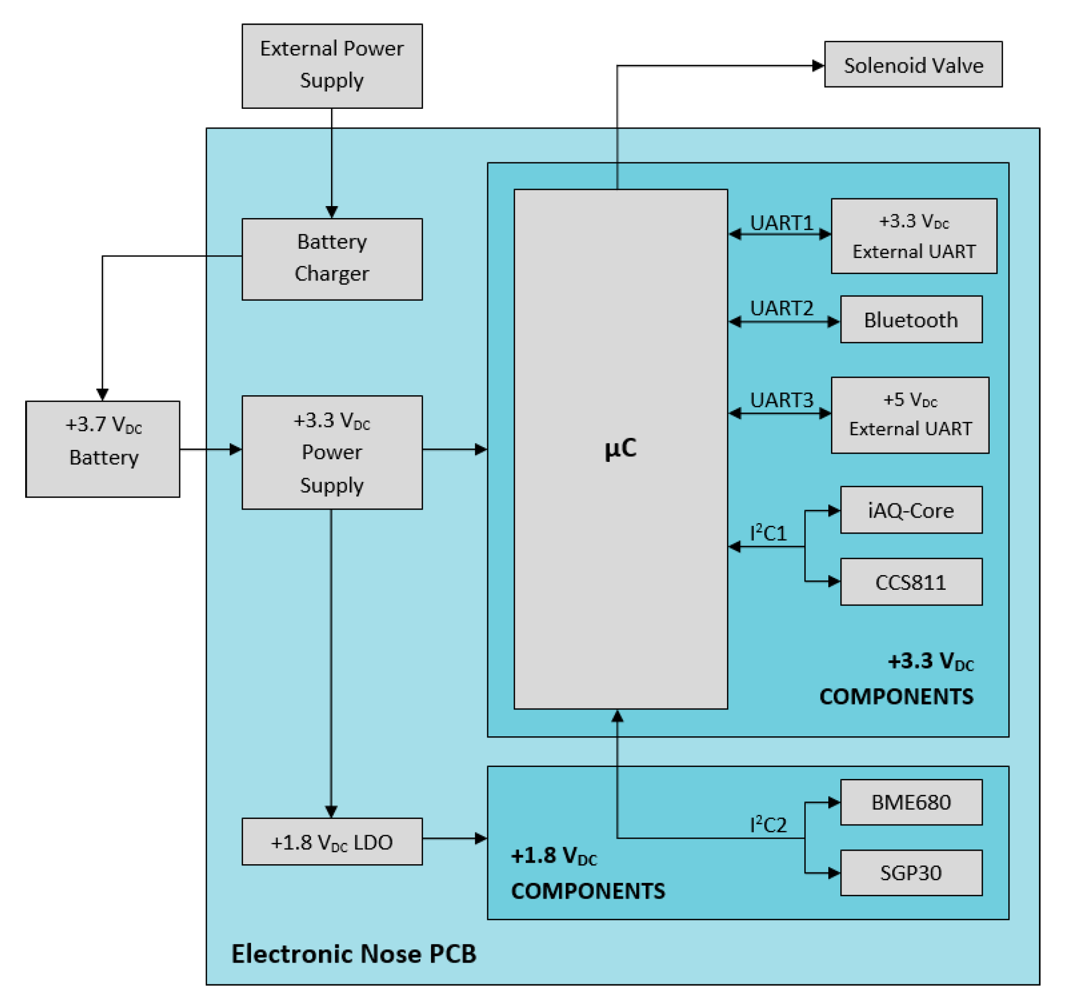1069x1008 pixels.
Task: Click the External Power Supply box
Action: tap(332, 66)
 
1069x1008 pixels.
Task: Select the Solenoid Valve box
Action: tap(913, 65)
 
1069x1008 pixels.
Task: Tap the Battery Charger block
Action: tap(332, 259)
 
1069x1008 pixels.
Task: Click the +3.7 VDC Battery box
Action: tap(103, 449)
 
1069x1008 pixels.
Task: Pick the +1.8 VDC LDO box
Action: tap(332, 841)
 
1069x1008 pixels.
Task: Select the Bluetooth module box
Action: tap(911, 320)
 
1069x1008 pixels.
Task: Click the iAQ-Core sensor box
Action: tap(911, 510)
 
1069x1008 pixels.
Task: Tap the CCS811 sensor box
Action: tap(911, 582)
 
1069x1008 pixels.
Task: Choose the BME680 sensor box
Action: tap(911, 802)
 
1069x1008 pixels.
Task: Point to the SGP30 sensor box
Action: tap(911, 872)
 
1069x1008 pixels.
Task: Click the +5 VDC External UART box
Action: tap(910, 415)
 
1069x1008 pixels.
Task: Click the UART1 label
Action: tap(781, 223)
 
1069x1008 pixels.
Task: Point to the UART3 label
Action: tap(781, 400)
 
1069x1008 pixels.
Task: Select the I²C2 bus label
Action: tap(768, 824)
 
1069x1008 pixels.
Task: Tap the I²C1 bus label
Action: tap(768, 533)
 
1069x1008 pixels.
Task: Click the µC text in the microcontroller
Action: tap(620, 448)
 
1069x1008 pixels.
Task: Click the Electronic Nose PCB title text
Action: tap(354, 953)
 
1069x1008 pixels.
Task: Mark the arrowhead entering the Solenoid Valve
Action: tap(818, 66)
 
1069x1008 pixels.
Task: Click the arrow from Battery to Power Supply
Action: tap(211, 449)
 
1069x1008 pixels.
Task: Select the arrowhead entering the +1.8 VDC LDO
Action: tap(331, 811)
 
